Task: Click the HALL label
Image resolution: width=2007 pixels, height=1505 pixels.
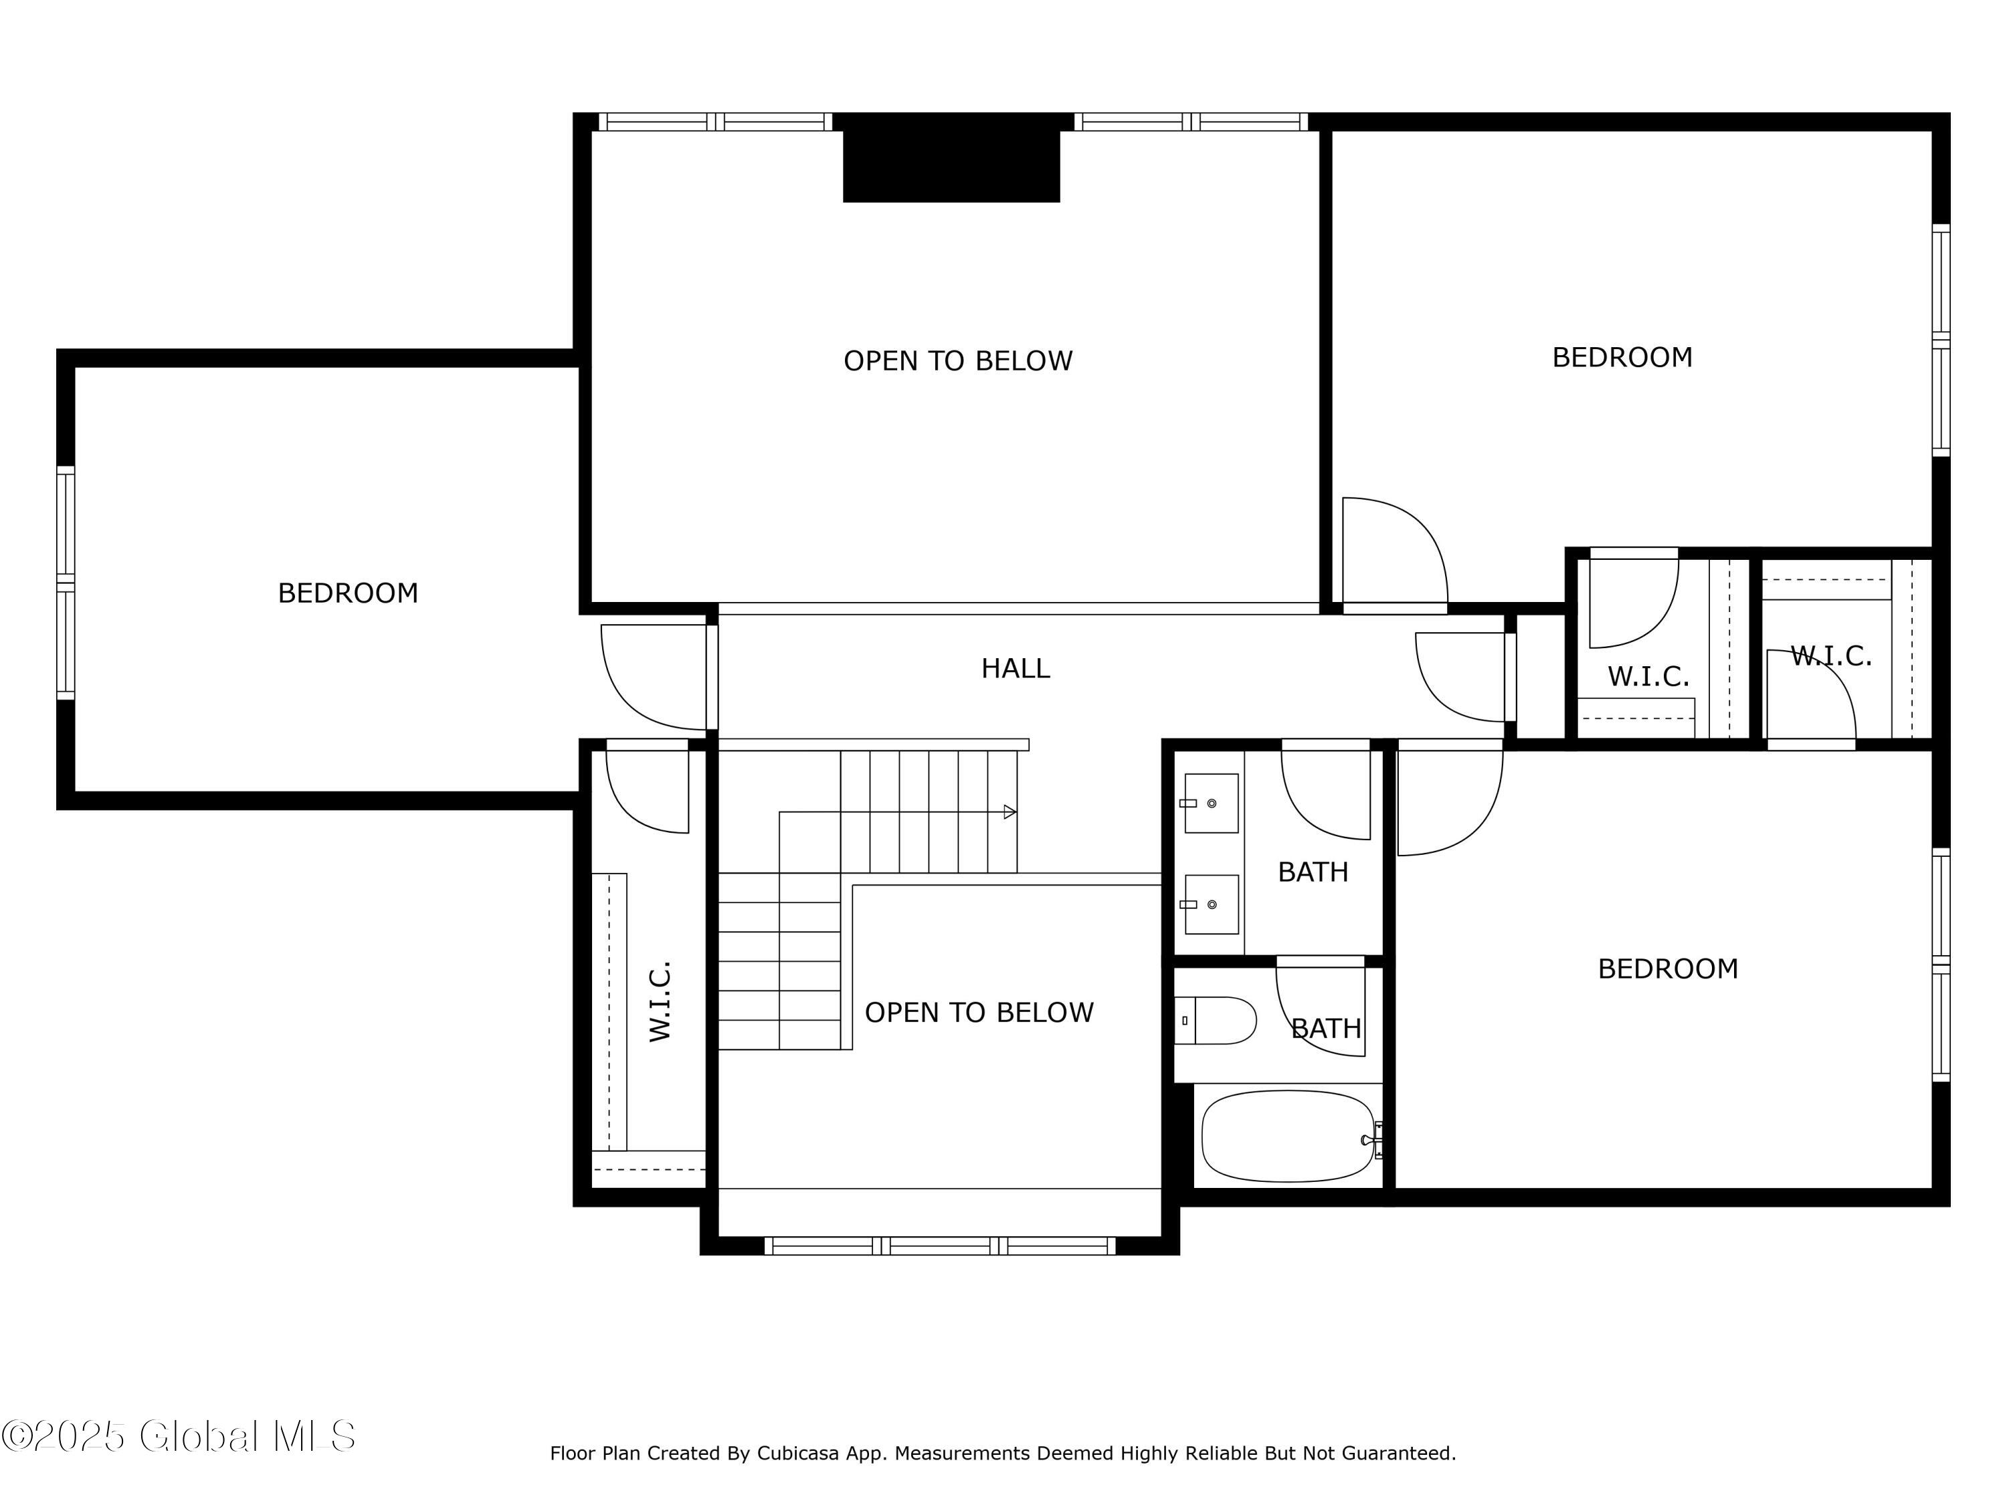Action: (1016, 669)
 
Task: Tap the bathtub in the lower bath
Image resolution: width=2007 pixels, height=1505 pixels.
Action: (1288, 1136)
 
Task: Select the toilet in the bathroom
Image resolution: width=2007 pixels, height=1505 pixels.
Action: (1215, 1021)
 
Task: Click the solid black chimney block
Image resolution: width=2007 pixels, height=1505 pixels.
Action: (952, 164)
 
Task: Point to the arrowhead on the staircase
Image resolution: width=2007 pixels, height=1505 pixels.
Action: (1010, 812)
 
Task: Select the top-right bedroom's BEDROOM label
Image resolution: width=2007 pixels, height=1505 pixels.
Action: (1622, 357)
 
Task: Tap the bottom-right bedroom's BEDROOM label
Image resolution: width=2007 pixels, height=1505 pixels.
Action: (1668, 969)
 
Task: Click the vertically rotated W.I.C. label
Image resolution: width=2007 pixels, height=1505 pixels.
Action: (660, 1001)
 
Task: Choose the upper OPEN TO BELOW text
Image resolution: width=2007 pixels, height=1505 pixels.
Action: (958, 361)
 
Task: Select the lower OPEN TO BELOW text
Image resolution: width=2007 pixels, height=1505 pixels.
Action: (979, 1013)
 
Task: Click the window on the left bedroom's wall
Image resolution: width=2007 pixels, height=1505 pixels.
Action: (66, 583)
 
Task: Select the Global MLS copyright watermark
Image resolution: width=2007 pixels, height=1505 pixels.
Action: (178, 1436)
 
